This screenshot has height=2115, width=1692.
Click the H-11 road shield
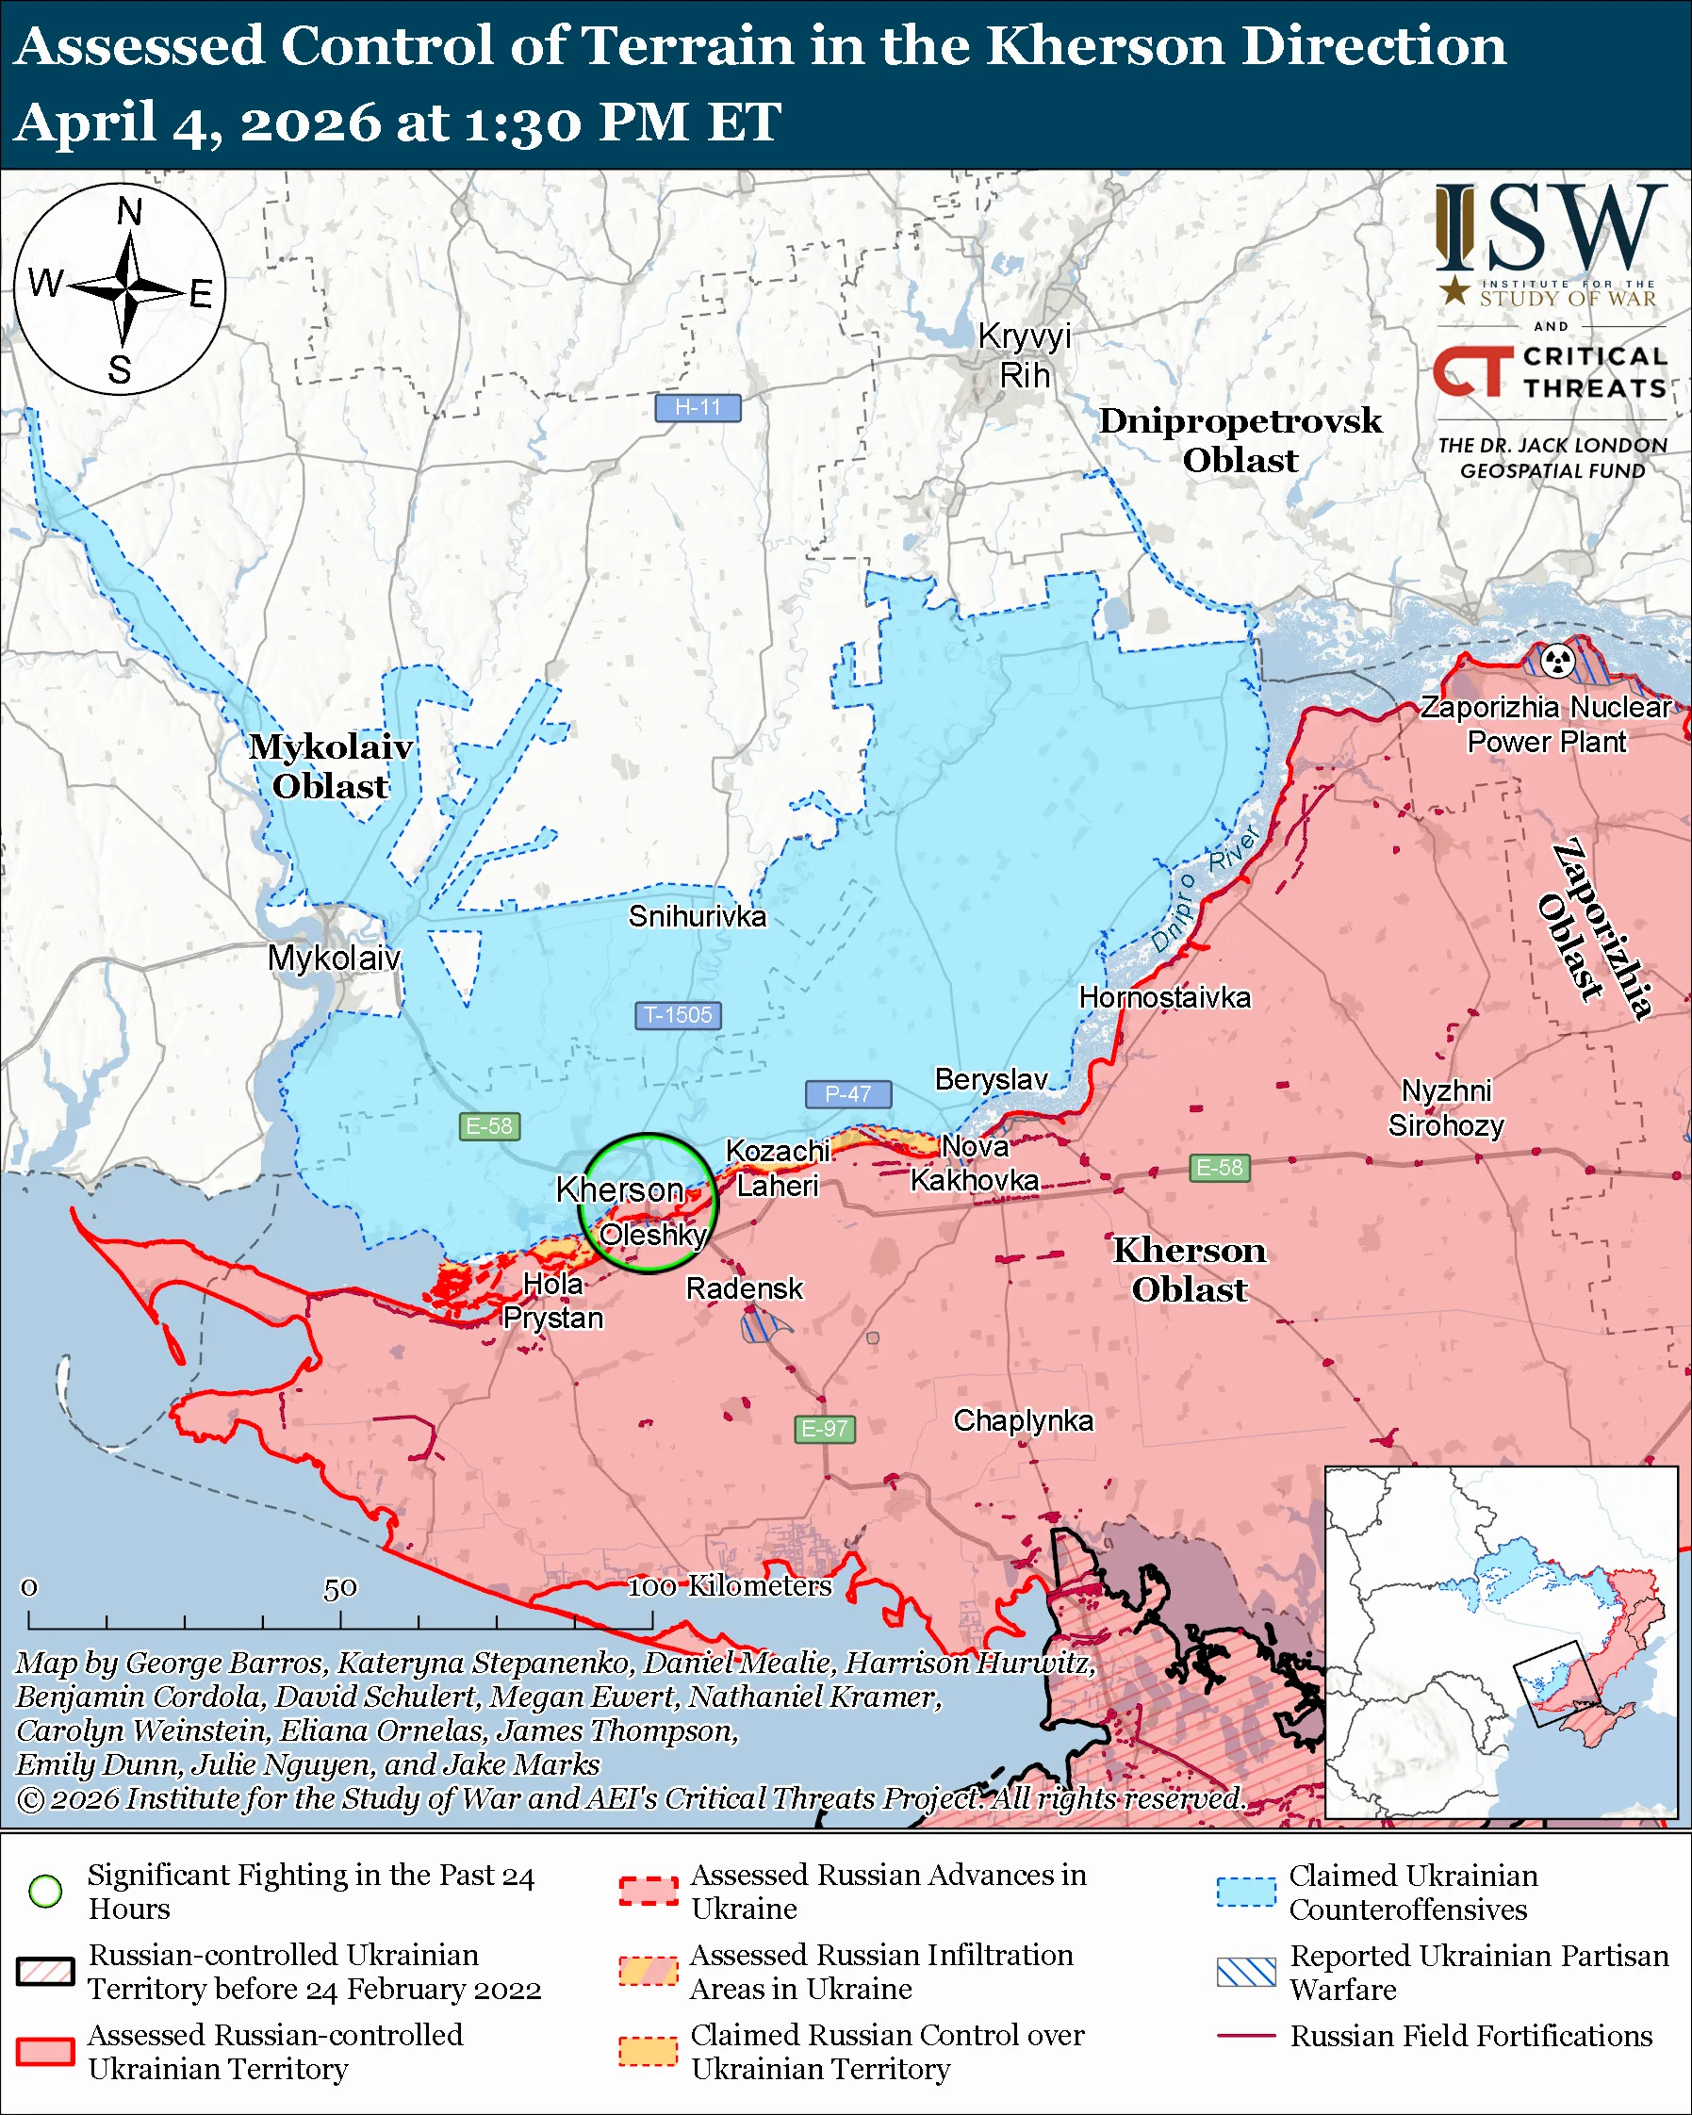698,407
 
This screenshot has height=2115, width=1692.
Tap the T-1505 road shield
678,1014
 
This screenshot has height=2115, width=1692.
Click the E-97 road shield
824,1428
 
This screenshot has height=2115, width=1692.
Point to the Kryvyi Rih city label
1024,355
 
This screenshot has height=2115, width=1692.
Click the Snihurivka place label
697,916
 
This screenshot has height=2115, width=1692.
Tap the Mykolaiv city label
334,958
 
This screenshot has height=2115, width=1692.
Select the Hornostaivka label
1164,998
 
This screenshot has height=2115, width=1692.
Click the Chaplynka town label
1022,1419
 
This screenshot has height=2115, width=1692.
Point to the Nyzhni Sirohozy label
1446,1107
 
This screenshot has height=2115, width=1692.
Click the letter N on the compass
128,212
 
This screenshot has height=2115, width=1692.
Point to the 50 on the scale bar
339,1587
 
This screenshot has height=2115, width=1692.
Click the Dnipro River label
1205,890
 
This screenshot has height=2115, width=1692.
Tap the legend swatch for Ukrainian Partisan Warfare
1246,1972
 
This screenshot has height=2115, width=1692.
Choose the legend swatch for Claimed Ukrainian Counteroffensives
1246,1892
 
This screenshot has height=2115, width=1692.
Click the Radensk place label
744,1288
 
